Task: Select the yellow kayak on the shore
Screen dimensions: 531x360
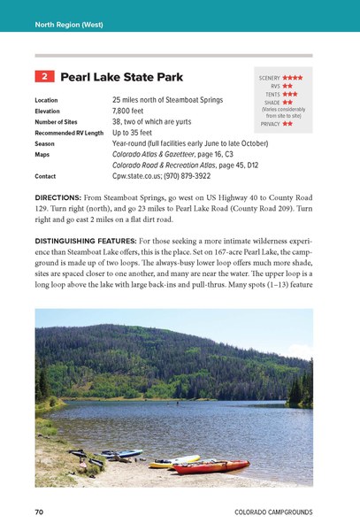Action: (174, 460)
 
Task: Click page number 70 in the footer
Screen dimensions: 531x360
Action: (39, 512)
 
